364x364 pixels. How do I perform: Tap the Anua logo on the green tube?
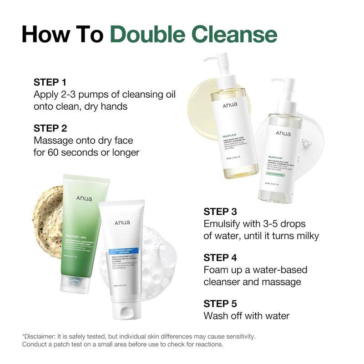[85, 198]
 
